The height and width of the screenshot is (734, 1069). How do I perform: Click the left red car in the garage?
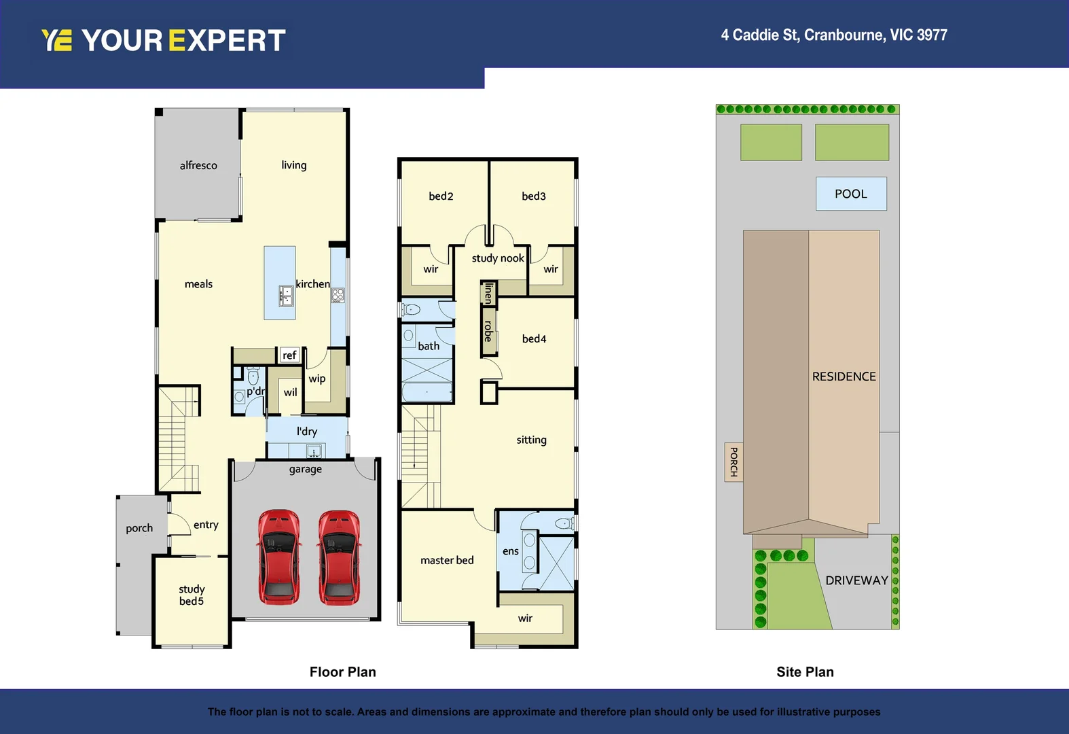[278, 557]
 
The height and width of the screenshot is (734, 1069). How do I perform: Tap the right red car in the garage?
[339, 557]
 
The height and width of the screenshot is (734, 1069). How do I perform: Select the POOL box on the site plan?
[851, 194]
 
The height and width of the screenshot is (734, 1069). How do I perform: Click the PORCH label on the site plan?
[733, 461]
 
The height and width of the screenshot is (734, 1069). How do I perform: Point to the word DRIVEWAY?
[856, 580]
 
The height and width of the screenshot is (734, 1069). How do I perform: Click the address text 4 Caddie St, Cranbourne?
[833, 35]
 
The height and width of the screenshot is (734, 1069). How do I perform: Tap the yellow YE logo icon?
[56, 40]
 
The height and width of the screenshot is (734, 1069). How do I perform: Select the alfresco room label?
[198, 165]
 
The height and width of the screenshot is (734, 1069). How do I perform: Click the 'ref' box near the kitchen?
[289, 355]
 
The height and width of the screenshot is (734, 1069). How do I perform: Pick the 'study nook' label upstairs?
[498, 258]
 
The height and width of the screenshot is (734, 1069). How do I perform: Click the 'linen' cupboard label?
[488, 293]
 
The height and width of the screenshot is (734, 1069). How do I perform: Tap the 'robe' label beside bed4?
[488, 331]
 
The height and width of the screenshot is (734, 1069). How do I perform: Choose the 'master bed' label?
[447, 560]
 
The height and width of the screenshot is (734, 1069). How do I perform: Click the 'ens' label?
[510, 551]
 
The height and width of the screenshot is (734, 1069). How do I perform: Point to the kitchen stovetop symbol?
[338, 295]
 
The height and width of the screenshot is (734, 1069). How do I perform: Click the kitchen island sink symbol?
[286, 296]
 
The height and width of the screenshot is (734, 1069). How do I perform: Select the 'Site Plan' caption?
[805, 671]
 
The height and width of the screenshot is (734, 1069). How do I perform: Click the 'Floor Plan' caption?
[342, 671]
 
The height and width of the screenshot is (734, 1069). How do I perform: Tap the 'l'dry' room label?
[306, 431]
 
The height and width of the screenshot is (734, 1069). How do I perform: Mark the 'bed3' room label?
[533, 196]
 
